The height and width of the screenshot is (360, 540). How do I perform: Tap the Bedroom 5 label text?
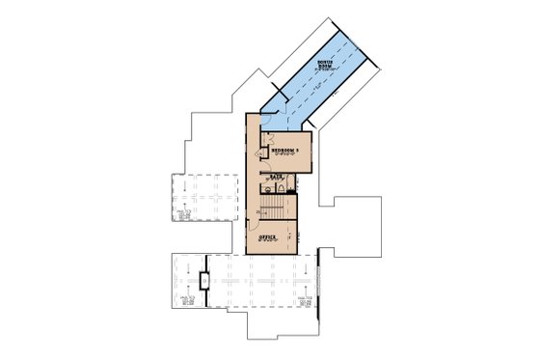click(x=285, y=151)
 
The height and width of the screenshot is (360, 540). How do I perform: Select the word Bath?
click(x=276, y=177)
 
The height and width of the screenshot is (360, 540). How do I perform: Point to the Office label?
click(x=267, y=236)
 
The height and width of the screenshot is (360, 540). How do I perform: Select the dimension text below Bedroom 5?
click(x=285, y=156)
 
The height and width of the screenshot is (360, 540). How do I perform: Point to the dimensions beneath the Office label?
click(x=267, y=241)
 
